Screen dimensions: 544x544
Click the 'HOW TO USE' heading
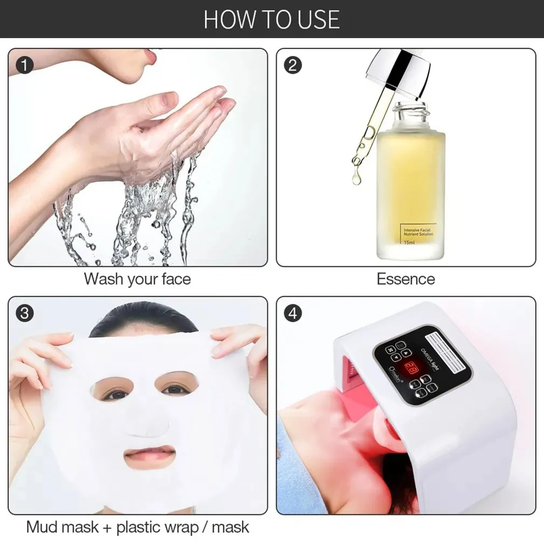271,19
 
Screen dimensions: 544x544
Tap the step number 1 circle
24,66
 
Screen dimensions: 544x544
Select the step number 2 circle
292,66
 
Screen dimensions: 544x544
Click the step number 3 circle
24,313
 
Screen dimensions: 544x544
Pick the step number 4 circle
292,313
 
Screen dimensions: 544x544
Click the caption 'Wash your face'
137,279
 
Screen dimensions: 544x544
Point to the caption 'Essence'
406,279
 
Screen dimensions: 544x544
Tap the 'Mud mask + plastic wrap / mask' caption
137,526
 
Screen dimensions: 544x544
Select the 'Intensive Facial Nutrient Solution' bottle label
418,232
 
